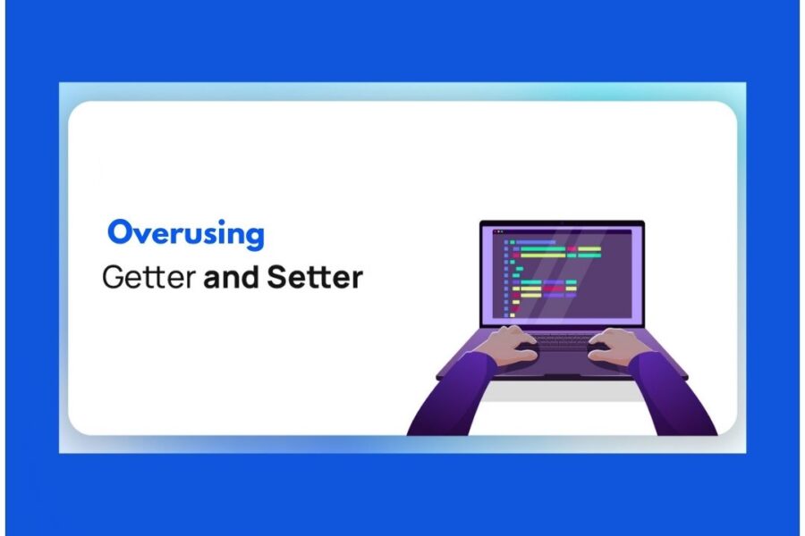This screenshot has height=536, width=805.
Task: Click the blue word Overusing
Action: (x=186, y=234)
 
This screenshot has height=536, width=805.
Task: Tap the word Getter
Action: (x=148, y=277)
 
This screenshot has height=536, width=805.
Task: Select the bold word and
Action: (x=231, y=277)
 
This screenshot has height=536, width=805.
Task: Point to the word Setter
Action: (x=315, y=277)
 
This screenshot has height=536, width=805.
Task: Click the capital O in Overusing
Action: (x=120, y=233)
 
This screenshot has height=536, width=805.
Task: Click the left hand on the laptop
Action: (x=513, y=343)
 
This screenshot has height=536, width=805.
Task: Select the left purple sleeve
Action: (x=452, y=393)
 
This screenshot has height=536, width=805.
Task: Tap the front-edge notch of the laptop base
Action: (x=562, y=375)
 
